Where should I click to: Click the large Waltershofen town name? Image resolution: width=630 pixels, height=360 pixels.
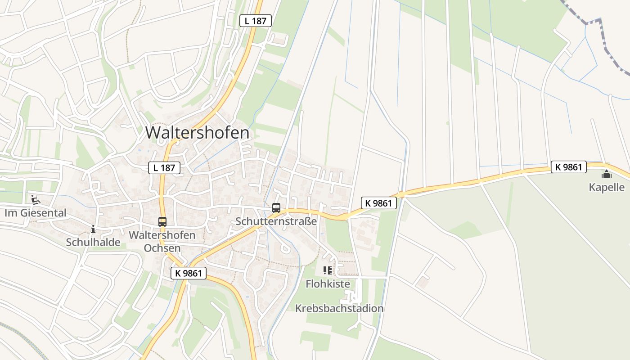(x=197, y=133)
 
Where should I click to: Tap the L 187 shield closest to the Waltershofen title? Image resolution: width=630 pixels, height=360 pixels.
(x=164, y=168)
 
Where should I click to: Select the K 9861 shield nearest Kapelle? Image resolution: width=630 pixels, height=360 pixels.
(x=569, y=167)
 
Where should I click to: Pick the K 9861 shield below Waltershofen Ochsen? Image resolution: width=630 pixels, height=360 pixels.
(x=189, y=273)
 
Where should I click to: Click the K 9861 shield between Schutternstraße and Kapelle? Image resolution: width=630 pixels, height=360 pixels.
(x=379, y=203)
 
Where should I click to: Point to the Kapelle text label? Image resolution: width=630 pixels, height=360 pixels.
(x=607, y=187)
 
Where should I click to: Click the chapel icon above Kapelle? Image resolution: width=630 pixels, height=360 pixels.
(x=607, y=174)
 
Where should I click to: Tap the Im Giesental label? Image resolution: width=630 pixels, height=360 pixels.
(x=36, y=213)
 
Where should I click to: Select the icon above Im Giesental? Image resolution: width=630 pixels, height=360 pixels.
(x=35, y=199)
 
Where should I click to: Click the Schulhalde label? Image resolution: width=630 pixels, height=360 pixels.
(x=93, y=242)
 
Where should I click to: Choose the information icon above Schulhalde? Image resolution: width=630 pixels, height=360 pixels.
(x=93, y=229)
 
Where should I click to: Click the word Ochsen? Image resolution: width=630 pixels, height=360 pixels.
(x=162, y=248)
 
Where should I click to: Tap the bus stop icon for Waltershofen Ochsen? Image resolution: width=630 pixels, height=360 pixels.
(x=162, y=221)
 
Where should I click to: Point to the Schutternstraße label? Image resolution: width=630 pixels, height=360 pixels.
(x=276, y=221)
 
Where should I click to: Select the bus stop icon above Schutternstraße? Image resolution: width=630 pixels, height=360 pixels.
(x=276, y=208)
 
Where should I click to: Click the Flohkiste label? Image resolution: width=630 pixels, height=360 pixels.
(x=328, y=284)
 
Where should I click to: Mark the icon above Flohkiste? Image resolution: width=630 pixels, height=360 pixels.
(x=328, y=270)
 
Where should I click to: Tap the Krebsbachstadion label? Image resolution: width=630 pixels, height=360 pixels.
(x=339, y=308)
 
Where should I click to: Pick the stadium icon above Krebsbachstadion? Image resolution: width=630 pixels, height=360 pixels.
(x=352, y=297)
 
